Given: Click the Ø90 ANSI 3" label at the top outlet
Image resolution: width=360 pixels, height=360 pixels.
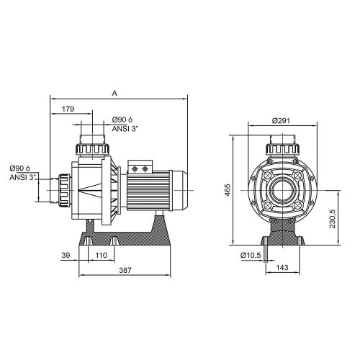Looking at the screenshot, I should pyautogui.click(x=126, y=125).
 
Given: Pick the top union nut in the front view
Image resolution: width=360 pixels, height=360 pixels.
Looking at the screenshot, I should pyautogui.click(x=282, y=149).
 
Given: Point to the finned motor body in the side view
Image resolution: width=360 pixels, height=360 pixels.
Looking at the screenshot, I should pyautogui.click(x=148, y=192).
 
